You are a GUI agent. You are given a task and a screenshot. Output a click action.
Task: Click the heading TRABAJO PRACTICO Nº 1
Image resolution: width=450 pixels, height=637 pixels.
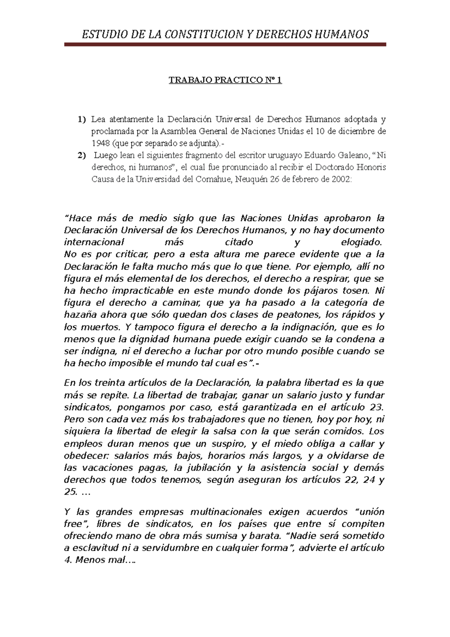(x=225, y=80)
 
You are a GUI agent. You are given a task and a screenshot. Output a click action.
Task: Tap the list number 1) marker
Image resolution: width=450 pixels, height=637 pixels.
(x=82, y=120)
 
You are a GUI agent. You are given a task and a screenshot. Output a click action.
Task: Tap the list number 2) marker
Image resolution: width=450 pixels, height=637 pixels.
(x=82, y=155)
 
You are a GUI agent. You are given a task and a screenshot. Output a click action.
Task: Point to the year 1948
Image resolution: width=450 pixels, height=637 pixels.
(x=100, y=143)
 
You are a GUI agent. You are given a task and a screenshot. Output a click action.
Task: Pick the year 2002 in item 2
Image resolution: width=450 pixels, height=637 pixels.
(x=341, y=179)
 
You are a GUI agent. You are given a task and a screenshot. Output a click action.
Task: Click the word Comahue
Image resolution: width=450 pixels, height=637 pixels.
(x=213, y=179)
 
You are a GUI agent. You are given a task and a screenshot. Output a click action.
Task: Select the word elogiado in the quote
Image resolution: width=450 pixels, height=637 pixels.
(x=362, y=242)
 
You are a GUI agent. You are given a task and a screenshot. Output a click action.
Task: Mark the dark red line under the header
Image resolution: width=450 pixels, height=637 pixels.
(x=225, y=44)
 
